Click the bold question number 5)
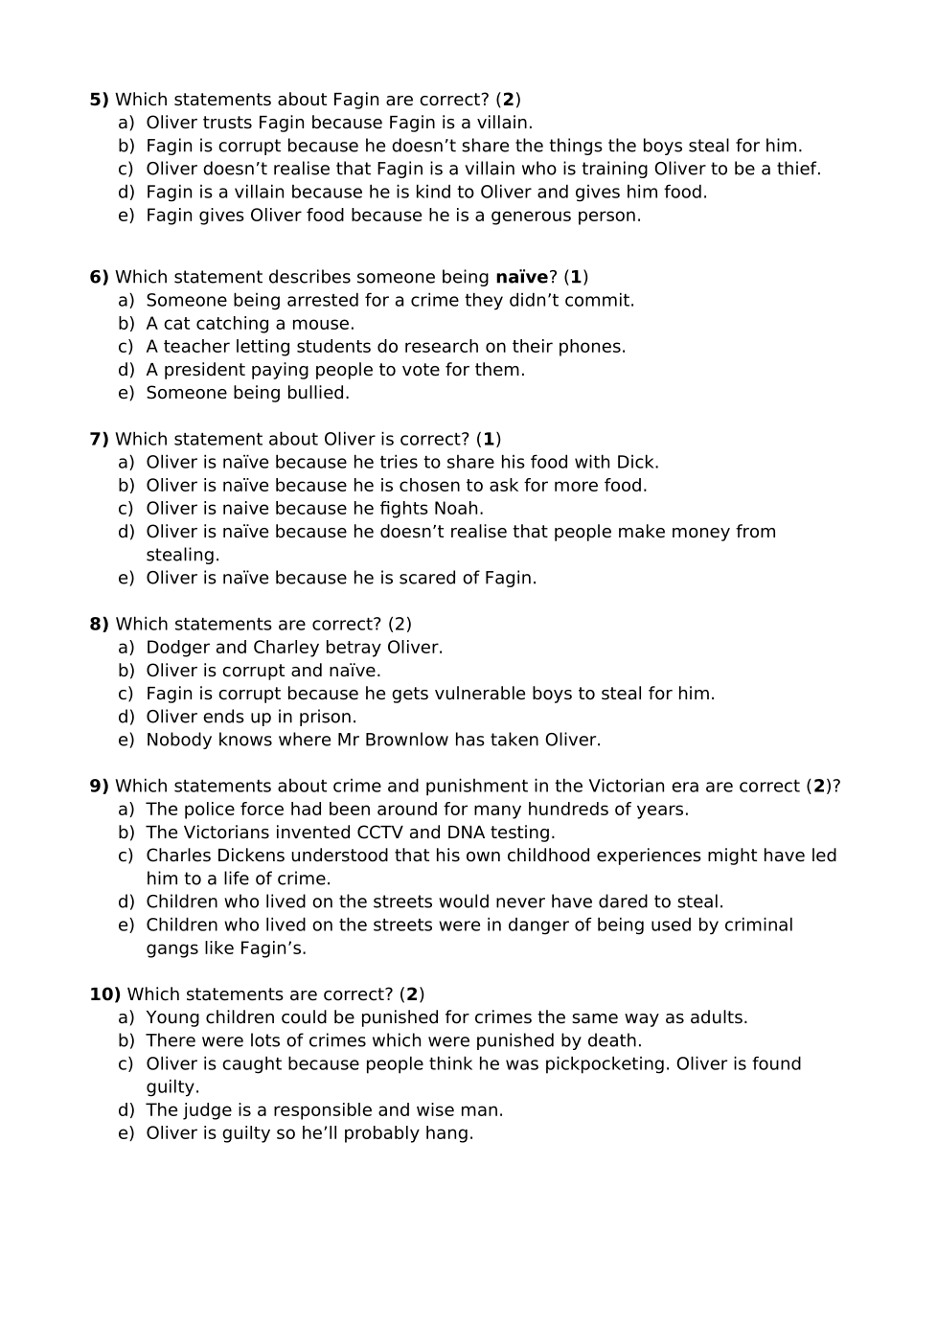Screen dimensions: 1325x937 click(x=99, y=100)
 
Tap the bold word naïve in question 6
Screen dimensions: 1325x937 click(x=521, y=277)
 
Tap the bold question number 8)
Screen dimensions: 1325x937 click(x=99, y=625)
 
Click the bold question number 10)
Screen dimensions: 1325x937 click(x=104, y=994)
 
